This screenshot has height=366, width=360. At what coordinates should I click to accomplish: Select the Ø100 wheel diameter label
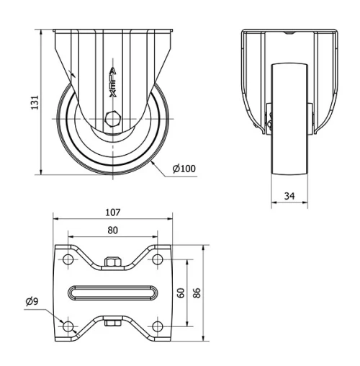184,169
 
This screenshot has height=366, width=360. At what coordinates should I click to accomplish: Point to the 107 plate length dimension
112,213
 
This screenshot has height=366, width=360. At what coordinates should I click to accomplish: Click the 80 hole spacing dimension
112,231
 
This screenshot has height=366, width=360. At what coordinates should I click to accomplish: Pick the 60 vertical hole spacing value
181,293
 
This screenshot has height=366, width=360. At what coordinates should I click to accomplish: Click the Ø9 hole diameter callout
31,301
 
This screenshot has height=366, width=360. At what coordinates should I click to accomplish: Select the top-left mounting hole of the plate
68,259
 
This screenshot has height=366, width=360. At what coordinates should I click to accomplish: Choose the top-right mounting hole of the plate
156,259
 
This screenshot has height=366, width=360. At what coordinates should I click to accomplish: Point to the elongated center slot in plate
112,293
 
